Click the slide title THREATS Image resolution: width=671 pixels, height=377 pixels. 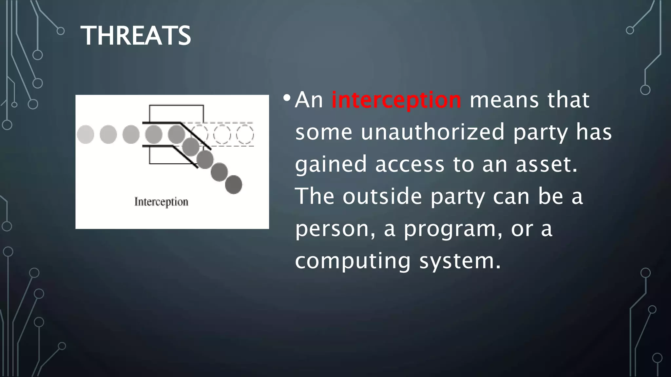136,36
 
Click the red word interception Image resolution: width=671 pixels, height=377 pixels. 396,100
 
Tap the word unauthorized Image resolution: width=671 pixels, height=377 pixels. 433,132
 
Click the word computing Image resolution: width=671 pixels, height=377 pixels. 353,261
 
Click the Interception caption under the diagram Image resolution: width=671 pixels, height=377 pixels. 161,202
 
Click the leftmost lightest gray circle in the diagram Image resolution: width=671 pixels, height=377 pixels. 86,135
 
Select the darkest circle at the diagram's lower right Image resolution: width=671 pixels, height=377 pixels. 234,185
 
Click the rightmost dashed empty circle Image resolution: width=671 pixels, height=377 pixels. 245,135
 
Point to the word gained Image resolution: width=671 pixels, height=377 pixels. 331,164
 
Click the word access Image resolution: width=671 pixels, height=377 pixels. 410,164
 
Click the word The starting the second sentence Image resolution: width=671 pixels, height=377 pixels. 315,196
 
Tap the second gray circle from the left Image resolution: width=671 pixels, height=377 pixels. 108,135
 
